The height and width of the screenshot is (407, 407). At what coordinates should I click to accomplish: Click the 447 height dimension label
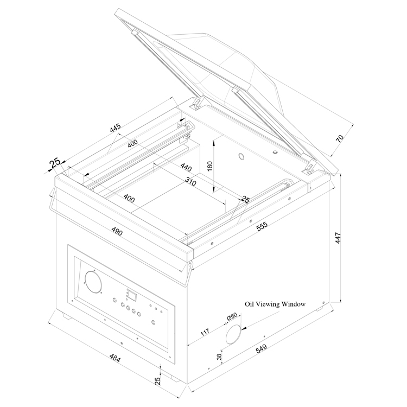tap(338, 238)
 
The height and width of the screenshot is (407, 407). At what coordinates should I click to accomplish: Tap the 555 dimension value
tap(262, 226)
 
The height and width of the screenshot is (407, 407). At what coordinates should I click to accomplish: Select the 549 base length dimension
tap(261, 348)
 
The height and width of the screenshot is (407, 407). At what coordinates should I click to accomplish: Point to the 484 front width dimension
tap(115, 358)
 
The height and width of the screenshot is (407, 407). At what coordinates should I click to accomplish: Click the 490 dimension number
tap(117, 231)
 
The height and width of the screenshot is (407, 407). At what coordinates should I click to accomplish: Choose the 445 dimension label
tap(115, 127)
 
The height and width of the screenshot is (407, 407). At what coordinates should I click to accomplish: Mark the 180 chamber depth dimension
tap(209, 166)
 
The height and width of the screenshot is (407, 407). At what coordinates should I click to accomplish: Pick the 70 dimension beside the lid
tap(340, 139)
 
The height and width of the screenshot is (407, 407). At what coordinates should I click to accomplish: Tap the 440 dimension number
tap(186, 167)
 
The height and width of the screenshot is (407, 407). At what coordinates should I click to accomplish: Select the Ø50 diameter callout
tap(232, 317)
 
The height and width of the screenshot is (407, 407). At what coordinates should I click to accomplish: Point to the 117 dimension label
tap(205, 332)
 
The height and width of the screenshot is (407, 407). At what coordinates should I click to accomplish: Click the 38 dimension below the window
tap(219, 357)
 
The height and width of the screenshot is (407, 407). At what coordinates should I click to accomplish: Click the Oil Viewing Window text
tap(275, 304)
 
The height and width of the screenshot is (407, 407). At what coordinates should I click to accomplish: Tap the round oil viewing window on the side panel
tap(233, 334)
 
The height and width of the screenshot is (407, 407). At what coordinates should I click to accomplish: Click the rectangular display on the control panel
tap(132, 296)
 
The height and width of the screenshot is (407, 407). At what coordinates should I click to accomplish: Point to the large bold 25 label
tap(55, 163)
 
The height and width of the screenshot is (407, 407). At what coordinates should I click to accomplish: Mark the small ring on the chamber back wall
tap(241, 156)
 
